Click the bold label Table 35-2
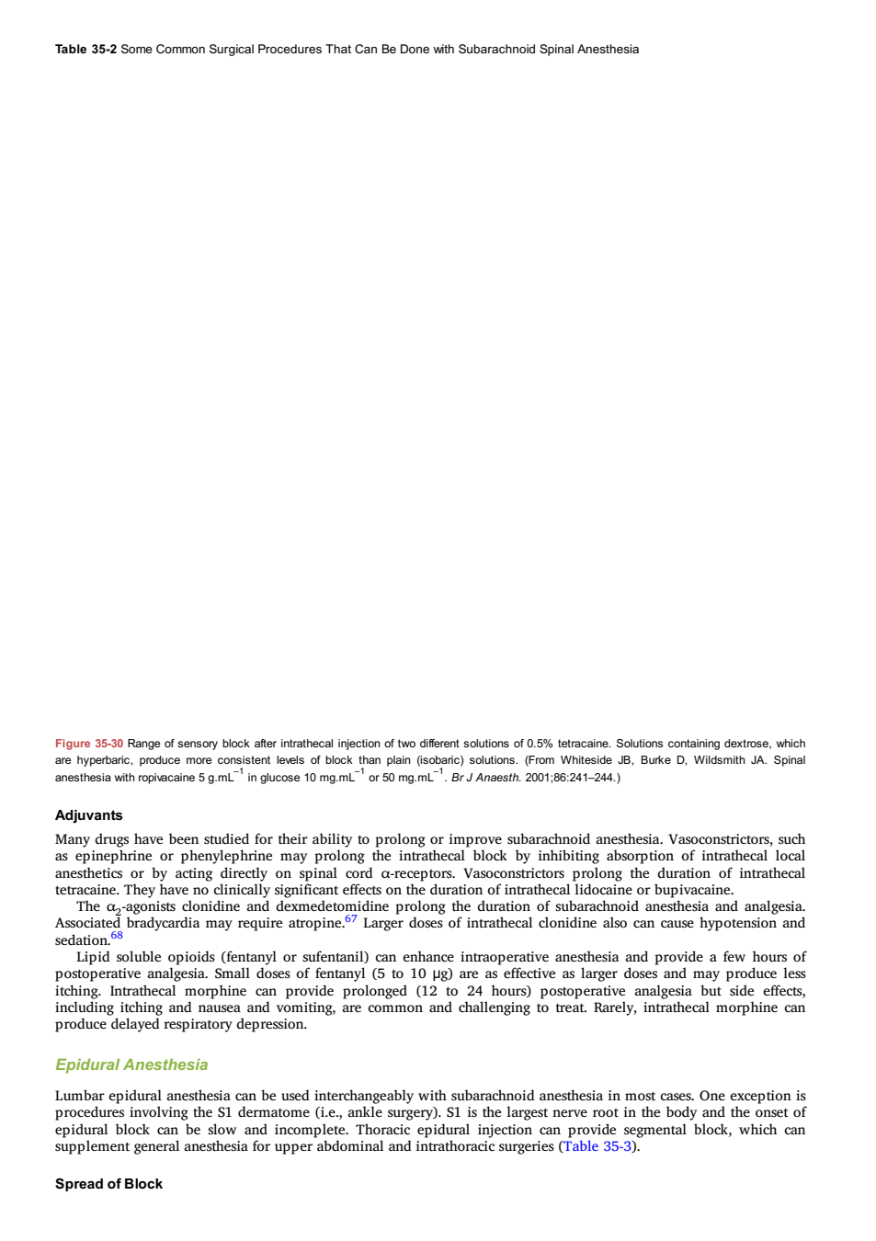[85, 50]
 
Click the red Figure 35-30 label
[89, 744]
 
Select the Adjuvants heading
[88, 815]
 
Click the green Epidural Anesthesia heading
[131, 1065]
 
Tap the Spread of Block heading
[108, 1183]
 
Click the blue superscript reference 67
[351, 918]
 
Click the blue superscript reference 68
[117, 935]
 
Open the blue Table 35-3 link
[597, 1146]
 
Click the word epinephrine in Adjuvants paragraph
[114, 856]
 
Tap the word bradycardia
[164, 924]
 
